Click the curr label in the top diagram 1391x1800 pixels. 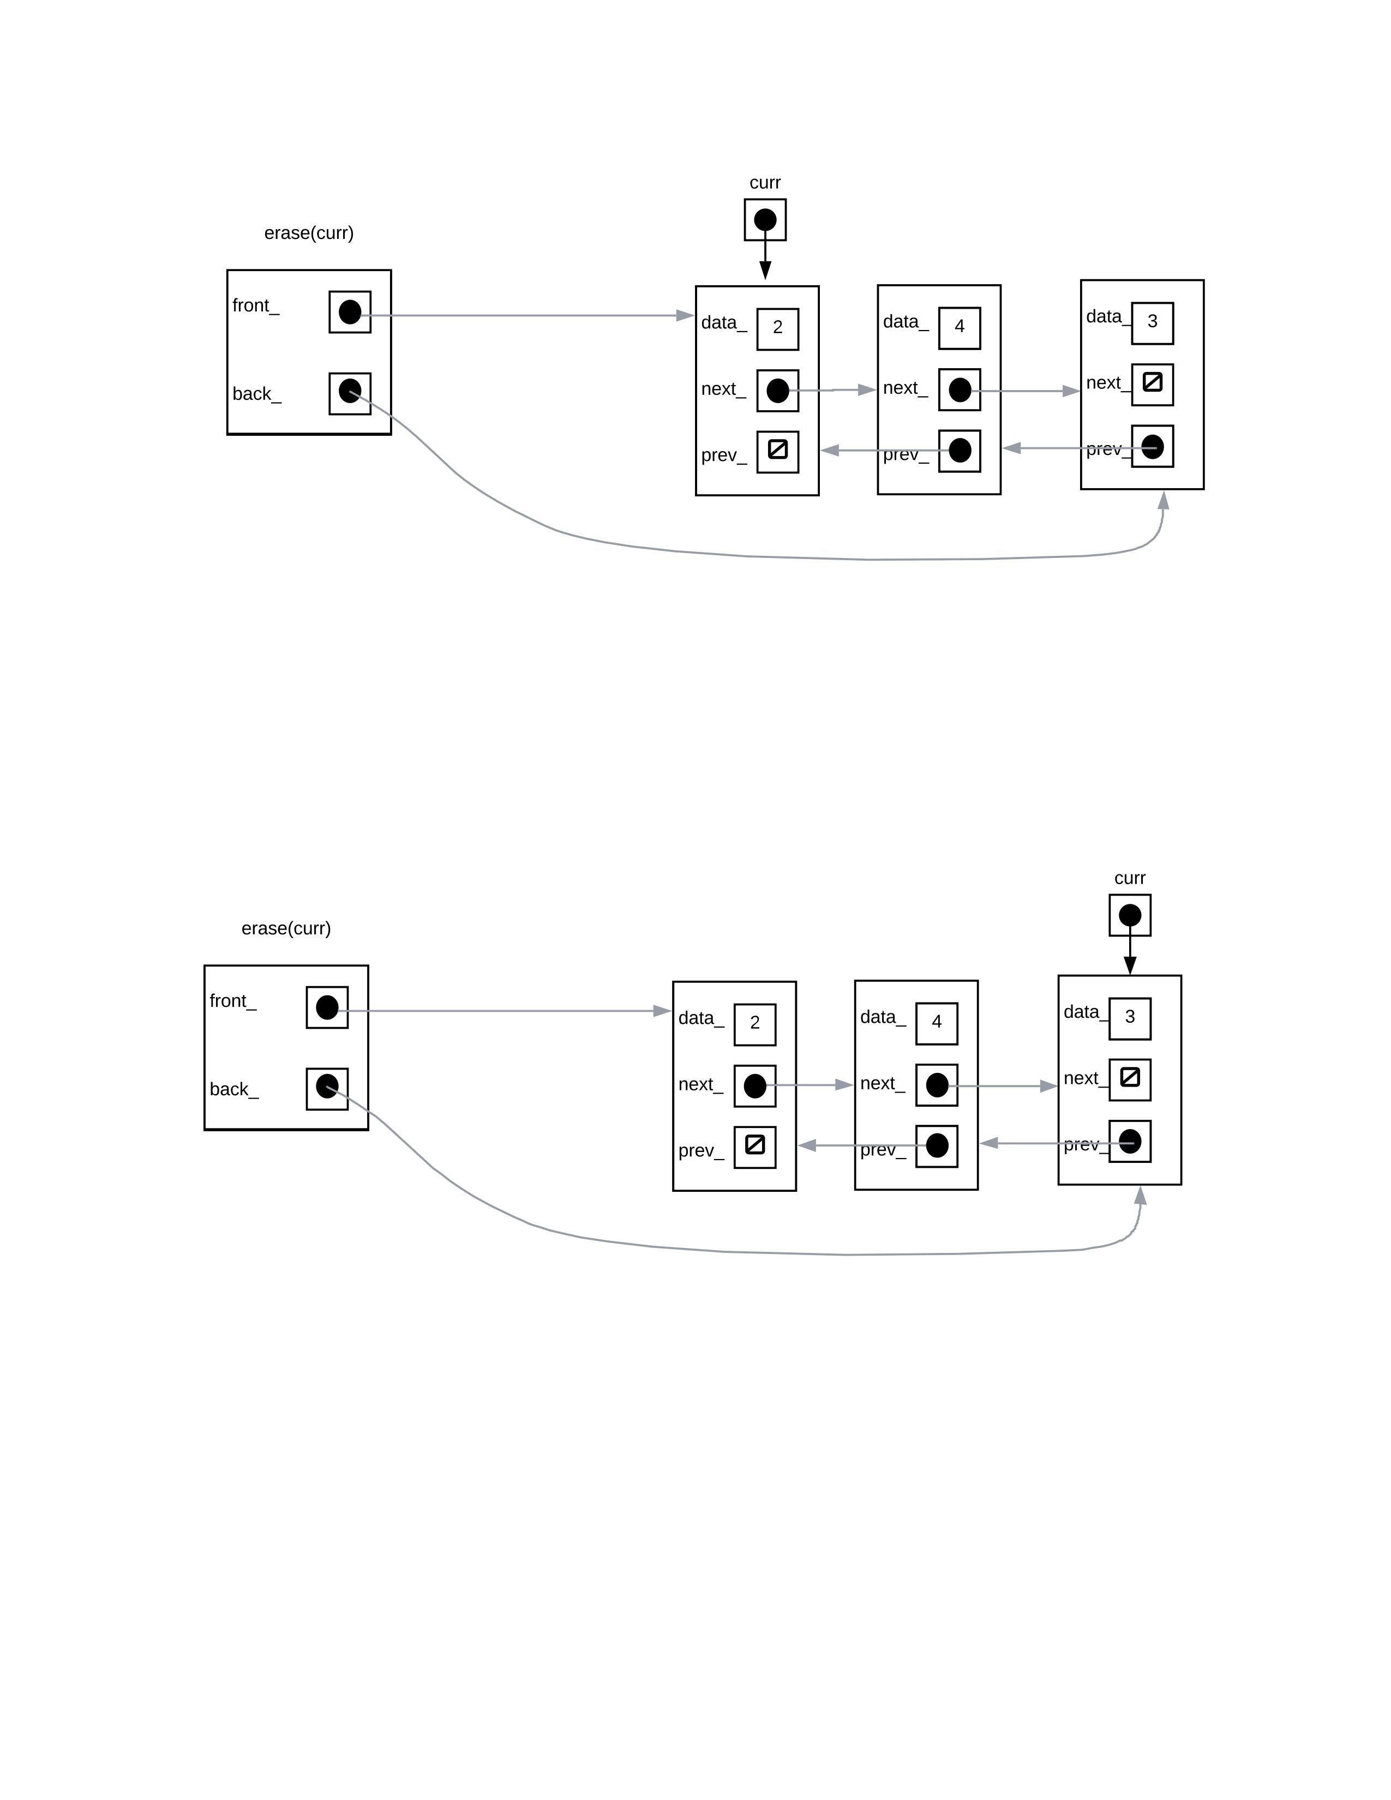(x=765, y=183)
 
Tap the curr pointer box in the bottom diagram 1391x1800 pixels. (x=1130, y=915)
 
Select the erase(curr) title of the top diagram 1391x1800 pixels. (x=309, y=233)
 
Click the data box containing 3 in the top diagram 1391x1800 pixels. (x=1152, y=323)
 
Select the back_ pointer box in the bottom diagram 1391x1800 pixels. (x=327, y=1089)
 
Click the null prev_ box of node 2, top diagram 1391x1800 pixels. (x=778, y=451)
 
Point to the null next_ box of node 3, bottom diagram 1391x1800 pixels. (x=1130, y=1079)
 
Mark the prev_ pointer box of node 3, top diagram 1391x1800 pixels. (x=1152, y=447)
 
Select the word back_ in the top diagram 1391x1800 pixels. (x=256, y=394)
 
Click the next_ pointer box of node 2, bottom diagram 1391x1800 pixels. (x=755, y=1085)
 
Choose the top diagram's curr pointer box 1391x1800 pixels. (x=765, y=220)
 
